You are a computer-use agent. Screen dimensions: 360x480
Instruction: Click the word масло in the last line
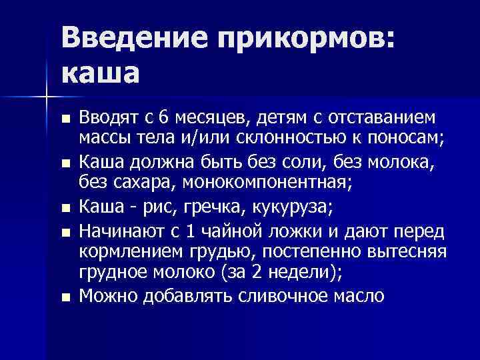coord(358,295)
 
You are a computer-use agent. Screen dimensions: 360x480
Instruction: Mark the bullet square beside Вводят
coord(64,119)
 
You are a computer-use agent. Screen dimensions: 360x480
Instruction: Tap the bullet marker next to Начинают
coord(64,231)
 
